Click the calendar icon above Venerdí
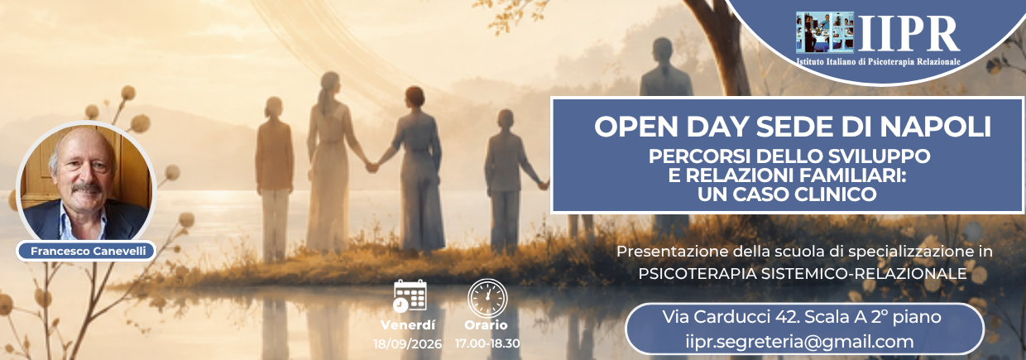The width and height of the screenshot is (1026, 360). click(x=410, y=296)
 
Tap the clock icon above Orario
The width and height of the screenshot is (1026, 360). click(x=487, y=298)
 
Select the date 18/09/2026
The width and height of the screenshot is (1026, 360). click(x=407, y=344)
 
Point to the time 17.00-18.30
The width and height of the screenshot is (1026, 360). click(x=487, y=343)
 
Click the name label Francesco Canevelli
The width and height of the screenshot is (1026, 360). click(x=88, y=251)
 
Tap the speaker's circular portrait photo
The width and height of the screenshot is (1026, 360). click(x=86, y=181)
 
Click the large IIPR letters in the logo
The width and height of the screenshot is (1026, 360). click(x=909, y=34)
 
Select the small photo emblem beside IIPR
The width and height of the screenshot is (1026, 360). click(x=825, y=32)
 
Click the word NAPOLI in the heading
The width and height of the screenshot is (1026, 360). click(x=936, y=127)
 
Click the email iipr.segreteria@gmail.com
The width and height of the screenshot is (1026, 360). click(x=799, y=342)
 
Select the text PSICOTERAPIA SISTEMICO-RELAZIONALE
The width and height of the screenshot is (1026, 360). click(x=803, y=273)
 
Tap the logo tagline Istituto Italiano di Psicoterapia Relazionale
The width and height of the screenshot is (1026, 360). click(x=878, y=61)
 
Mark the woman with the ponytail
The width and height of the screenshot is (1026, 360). click(x=328, y=162)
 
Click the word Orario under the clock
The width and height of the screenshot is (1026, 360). click(x=486, y=325)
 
